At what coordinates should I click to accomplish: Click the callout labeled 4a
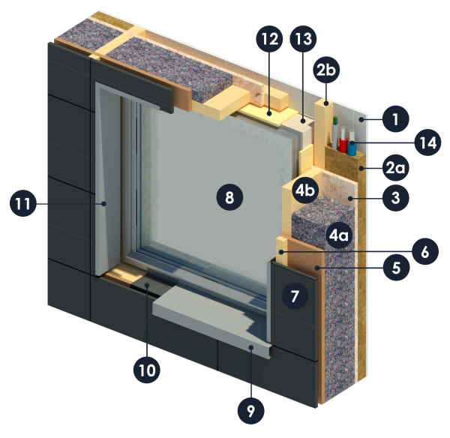(x=339, y=235)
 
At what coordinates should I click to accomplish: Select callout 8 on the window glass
(x=230, y=198)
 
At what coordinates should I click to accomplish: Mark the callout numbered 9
(x=250, y=409)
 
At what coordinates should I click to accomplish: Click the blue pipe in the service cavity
(x=351, y=144)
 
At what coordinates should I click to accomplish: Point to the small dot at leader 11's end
(x=104, y=203)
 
